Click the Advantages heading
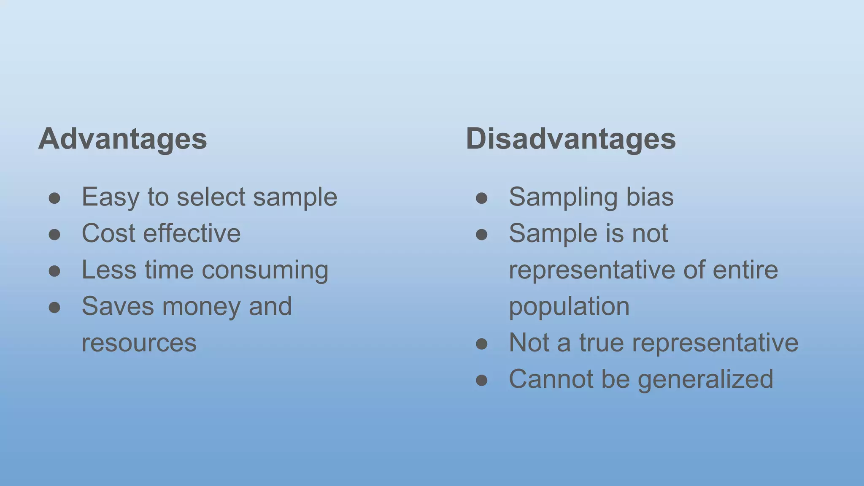pos(122,139)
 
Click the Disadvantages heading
pos(570,139)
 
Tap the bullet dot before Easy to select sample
pos(54,198)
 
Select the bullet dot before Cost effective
pos(54,234)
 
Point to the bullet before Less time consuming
pos(54,271)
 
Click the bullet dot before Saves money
pos(54,307)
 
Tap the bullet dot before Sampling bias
pos(482,198)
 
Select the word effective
pos(192,233)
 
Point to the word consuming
pos(265,270)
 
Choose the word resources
pos(139,343)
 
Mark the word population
pos(569,307)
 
